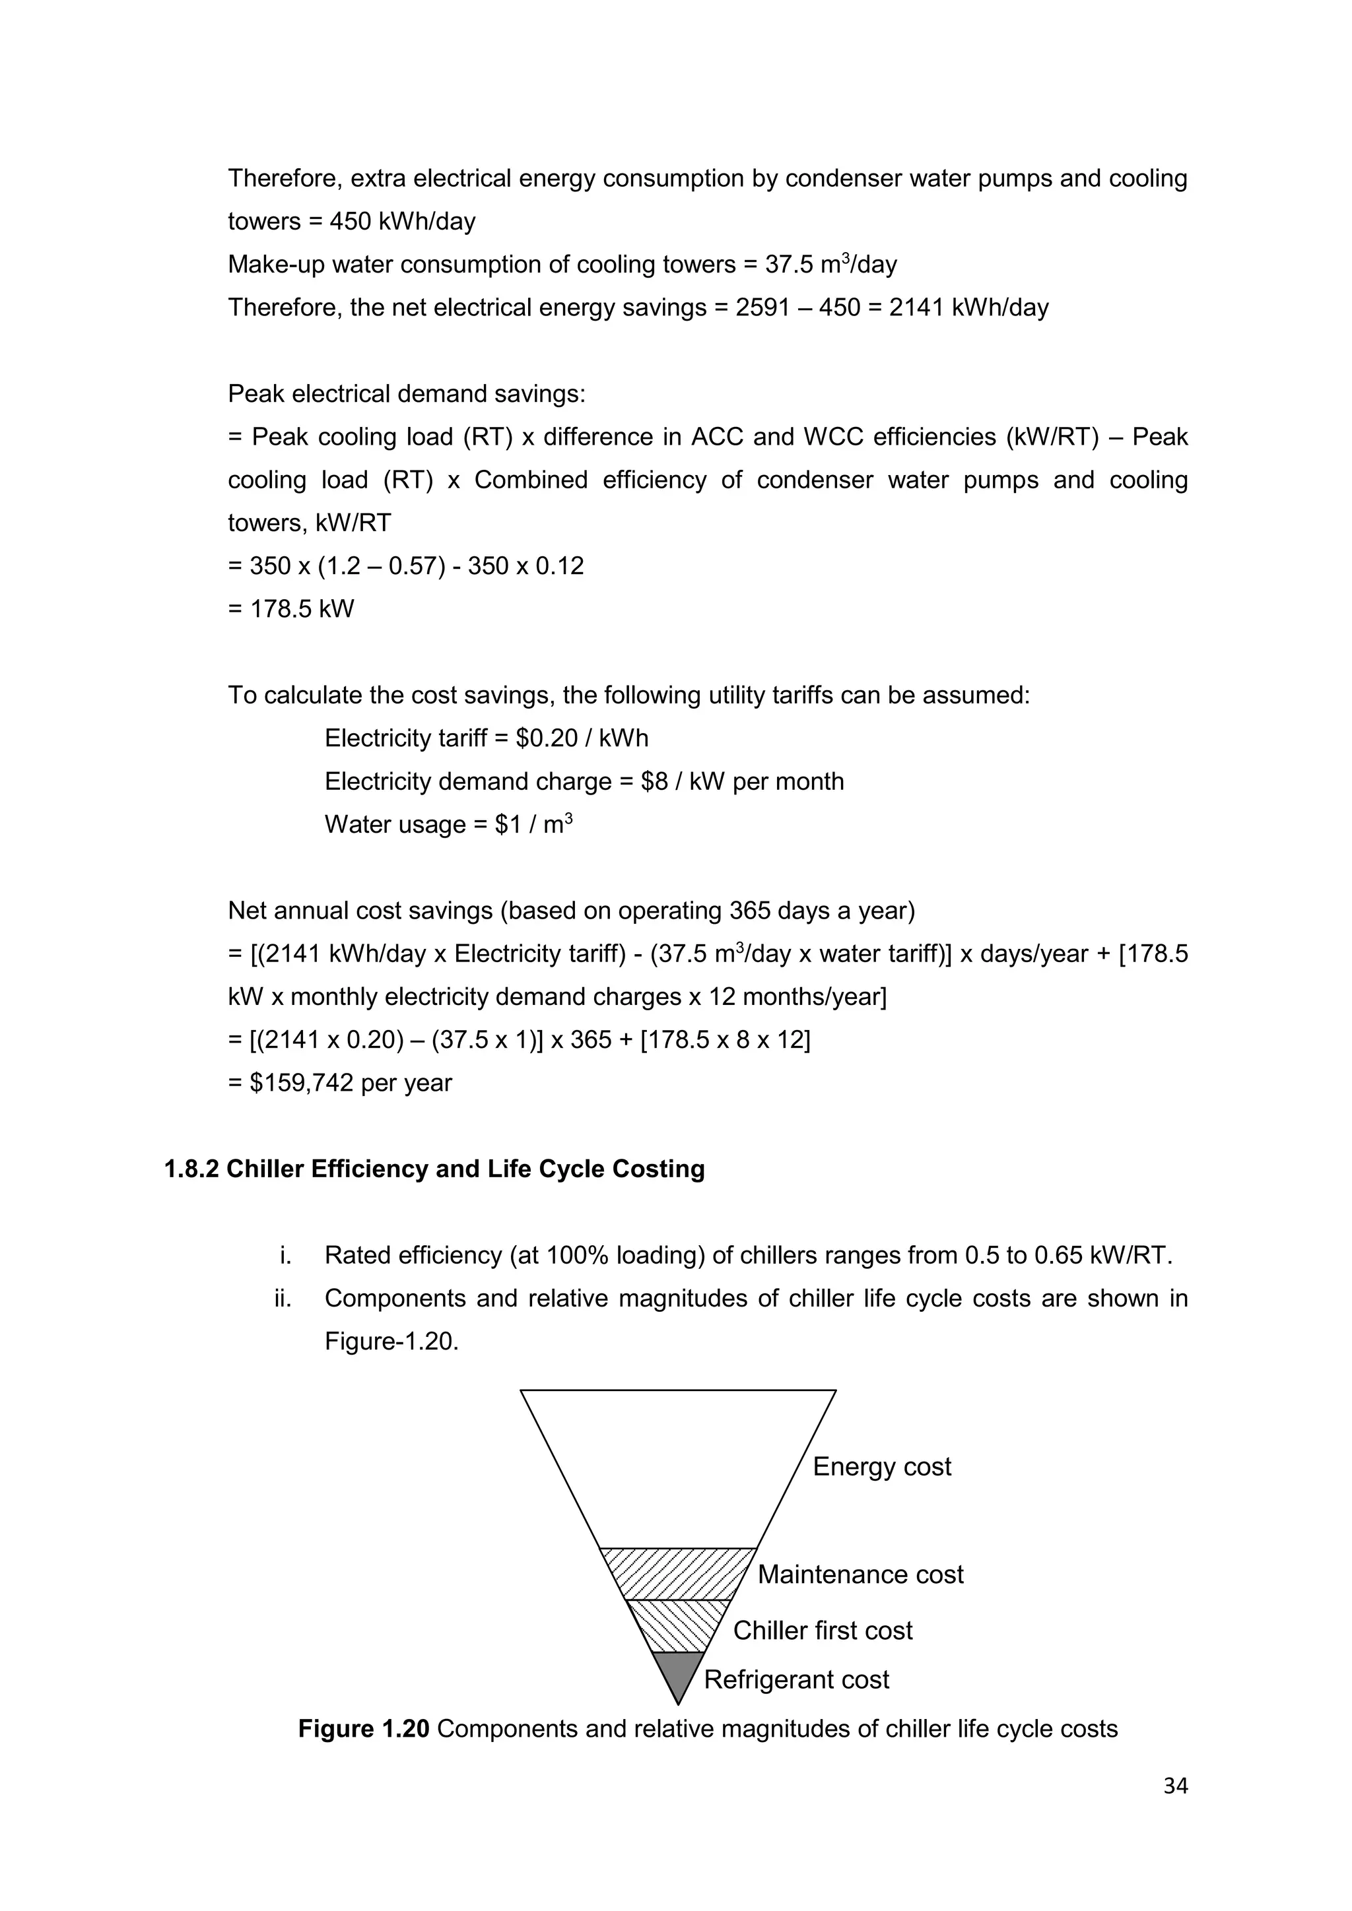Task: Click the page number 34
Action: [1174, 1786]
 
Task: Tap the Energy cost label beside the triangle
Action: [881, 1466]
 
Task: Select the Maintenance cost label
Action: [860, 1574]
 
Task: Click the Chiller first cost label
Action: [822, 1631]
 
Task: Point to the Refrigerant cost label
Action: [796, 1679]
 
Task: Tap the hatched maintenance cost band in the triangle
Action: [678, 1573]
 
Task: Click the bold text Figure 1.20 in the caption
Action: [363, 1729]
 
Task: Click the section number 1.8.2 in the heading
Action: [191, 1169]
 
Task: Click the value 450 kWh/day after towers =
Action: [402, 222]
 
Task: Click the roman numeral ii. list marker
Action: [283, 1299]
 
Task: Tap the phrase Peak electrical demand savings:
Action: [406, 394]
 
